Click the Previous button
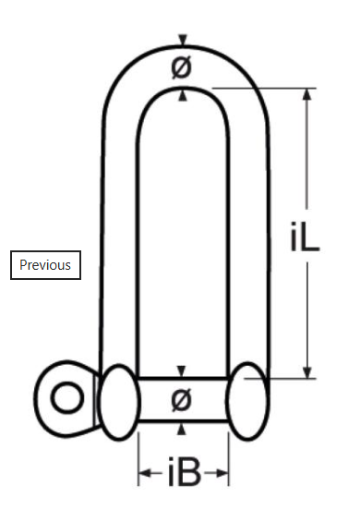click(45, 265)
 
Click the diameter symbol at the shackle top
click(182, 67)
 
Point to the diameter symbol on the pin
click(182, 400)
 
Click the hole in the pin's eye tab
click(66, 399)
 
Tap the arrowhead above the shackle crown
click(183, 40)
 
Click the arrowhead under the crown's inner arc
click(183, 94)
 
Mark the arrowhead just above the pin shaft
click(182, 371)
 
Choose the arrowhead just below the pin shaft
click(182, 428)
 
